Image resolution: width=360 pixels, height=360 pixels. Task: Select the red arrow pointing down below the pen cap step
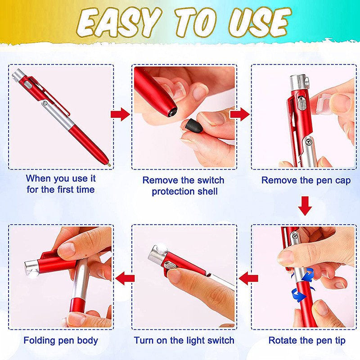point(305,206)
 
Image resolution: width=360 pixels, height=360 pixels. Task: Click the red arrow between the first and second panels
point(120,114)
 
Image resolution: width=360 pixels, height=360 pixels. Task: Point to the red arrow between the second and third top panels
point(240,114)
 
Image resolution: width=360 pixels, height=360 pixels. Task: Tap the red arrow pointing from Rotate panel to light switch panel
point(248,278)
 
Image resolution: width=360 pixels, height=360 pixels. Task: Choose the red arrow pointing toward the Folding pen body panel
point(125,278)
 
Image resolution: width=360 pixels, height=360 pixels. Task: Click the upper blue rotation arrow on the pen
point(308,275)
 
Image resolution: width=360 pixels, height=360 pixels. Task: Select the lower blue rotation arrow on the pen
point(299,296)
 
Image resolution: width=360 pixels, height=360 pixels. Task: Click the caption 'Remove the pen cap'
point(306,180)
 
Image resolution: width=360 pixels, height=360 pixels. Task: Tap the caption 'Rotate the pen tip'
point(307,341)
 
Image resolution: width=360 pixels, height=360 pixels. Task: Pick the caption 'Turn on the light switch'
point(184,341)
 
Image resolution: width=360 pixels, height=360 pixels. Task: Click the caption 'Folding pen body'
point(61,341)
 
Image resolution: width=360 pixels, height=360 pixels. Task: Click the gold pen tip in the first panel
point(109,164)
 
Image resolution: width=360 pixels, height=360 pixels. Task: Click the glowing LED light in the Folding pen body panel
point(33,274)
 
